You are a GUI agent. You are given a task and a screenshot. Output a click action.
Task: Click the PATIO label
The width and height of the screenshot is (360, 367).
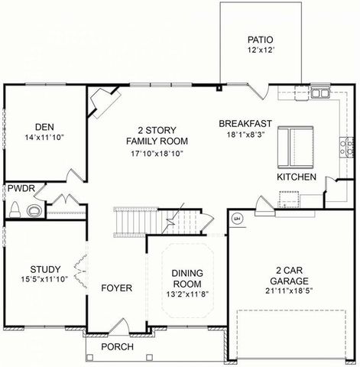pyautogui.click(x=259, y=40)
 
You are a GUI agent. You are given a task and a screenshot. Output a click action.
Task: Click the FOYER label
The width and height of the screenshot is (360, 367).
pyautogui.click(x=117, y=288)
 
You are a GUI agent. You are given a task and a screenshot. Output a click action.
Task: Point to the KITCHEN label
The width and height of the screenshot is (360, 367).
pyautogui.click(x=296, y=177)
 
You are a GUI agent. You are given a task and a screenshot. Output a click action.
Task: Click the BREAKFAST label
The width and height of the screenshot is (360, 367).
pyautogui.click(x=245, y=123)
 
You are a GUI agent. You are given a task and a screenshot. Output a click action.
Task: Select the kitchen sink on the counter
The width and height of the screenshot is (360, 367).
pyautogui.click(x=319, y=94)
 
